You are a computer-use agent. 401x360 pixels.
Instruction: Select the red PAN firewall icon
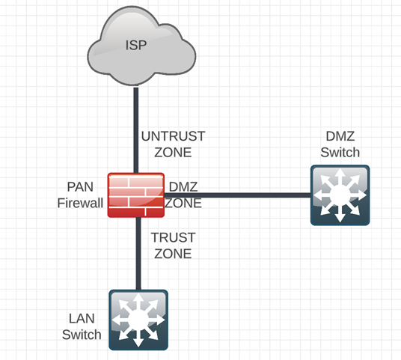(x=135, y=195)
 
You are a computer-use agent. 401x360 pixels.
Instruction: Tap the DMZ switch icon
(x=340, y=195)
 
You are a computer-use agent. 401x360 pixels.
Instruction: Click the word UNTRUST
(x=173, y=137)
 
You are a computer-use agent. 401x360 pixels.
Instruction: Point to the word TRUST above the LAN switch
(x=173, y=237)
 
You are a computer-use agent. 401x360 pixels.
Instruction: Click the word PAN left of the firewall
(x=79, y=186)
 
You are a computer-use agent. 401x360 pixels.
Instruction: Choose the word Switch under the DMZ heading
(x=340, y=153)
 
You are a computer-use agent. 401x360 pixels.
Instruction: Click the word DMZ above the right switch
(x=340, y=137)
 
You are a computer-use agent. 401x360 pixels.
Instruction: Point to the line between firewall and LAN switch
(x=138, y=254)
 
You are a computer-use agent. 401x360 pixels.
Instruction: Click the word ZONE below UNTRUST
(x=173, y=152)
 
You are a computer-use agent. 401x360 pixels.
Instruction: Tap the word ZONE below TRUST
(x=173, y=253)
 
